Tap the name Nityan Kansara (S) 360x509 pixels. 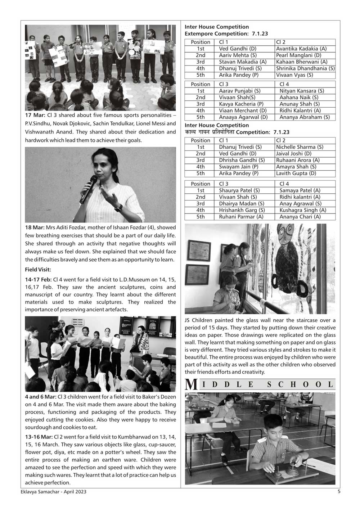pos(302,91)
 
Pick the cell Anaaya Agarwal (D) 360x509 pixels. pos(243,117)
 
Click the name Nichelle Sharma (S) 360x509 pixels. pos(300,147)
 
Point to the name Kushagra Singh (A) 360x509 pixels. pos(303,210)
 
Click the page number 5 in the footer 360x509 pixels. pos(339,491)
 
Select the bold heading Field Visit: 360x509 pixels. pos(38,269)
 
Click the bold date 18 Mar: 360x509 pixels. pos(35,228)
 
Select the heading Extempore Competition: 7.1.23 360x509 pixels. pos(226,33)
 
